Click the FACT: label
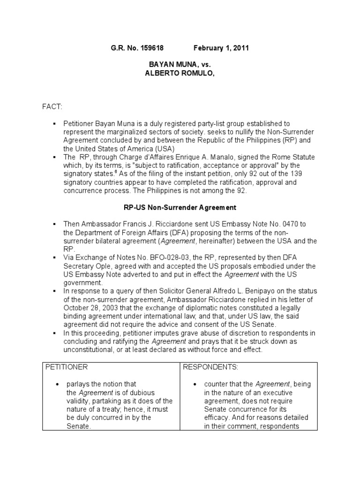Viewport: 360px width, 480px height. (x=52, y=108)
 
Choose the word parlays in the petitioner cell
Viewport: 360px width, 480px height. (x=78, y=384)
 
